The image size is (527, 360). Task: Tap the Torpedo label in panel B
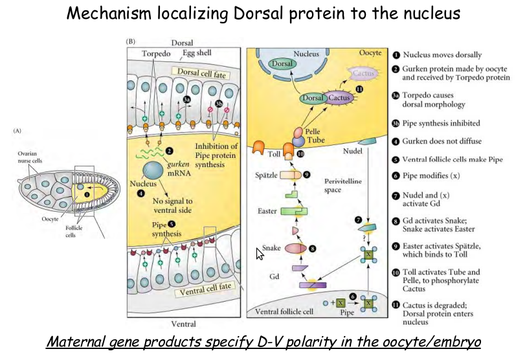click(155, 54)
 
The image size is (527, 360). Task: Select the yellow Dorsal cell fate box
click(201, 74)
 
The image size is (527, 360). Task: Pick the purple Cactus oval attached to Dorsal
click(340, 98)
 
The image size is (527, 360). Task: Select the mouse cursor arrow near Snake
click(260, 253)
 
